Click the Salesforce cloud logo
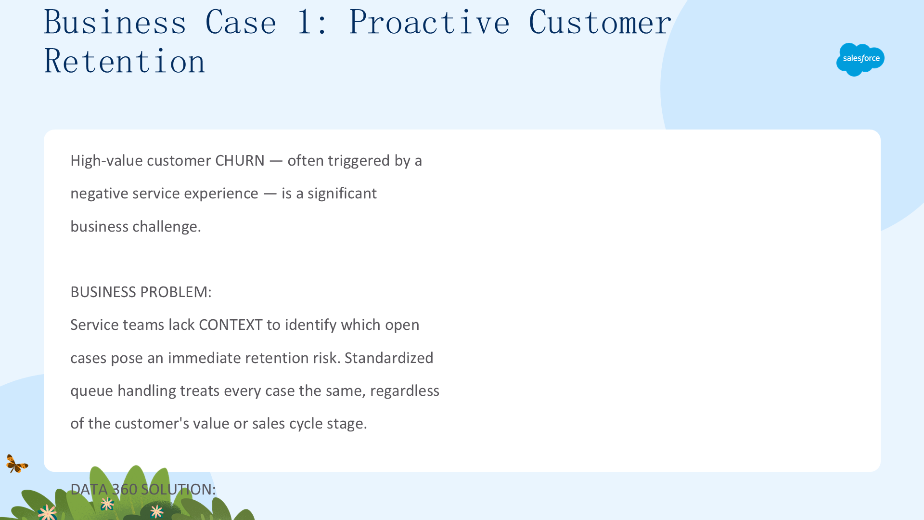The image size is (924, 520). (x=860, y=59)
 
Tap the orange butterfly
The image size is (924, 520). (x=17, y=464)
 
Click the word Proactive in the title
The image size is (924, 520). (x=429, y=22)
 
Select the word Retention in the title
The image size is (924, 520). (x=125, y=61)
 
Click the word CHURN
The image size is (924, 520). (x=240, y=160)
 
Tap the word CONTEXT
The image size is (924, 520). (x=231, y=325)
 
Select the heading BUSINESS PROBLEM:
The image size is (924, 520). (x=141, y=292)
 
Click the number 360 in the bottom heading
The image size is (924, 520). (x=125, y=489)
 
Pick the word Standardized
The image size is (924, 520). (x=389, y=358)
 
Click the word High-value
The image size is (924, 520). (x=106, y=160)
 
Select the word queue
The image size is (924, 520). (x=92, y=390)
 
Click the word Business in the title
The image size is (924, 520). (x=115, y=22)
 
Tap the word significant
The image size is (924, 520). (x=342, y=193)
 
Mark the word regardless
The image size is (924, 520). (x=405, y=390)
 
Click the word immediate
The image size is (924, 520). (x=205, y=358)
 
